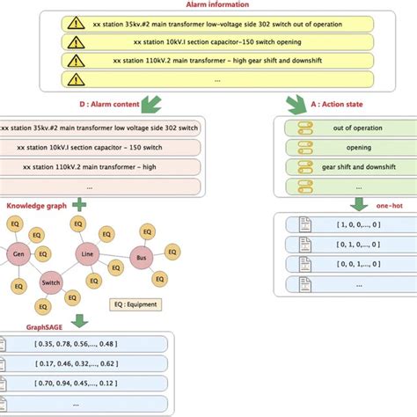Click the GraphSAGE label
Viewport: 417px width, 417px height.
29,328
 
